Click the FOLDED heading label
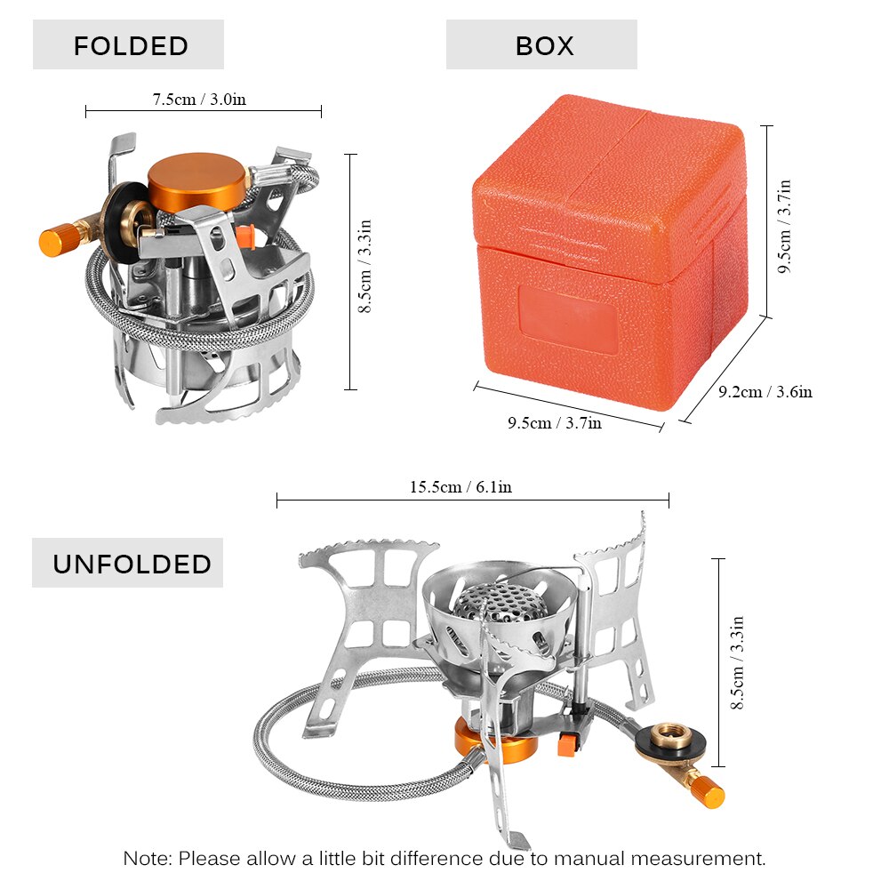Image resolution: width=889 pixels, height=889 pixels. pyautogui.click(x=130, y=45)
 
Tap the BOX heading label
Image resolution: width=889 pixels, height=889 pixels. pyautogui.click(x=543, y=45)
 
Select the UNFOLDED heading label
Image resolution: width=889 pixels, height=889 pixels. pyautogui.click(x=132, y=564)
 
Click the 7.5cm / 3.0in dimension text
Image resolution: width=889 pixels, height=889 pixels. pyautogui.click(x=198, y=99)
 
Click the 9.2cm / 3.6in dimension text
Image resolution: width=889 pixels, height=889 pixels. pyautogui.click(x=764, y=391)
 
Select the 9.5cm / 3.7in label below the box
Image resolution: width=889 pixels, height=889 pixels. pyautogui.click(x=554, y=423)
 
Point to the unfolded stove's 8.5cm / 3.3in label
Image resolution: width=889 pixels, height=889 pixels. pyautogui.click(x=737, y=662)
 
